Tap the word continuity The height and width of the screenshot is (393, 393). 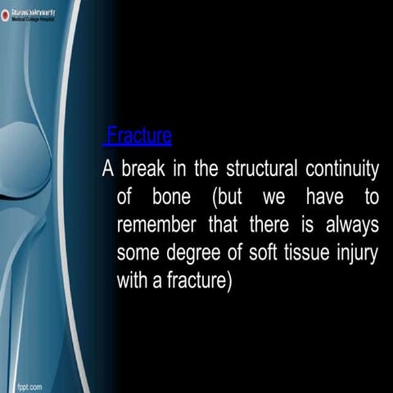[x=341, y=170]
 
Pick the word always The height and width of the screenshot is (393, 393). [x=348, y=225]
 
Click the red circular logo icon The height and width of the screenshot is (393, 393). [x=7, y=16]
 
